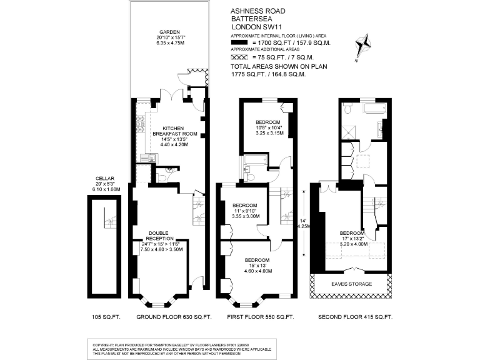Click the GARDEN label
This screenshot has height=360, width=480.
pyautogui.click(x=169, y=32)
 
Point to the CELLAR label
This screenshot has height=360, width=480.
pyautogui.click(x=100, y=177)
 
